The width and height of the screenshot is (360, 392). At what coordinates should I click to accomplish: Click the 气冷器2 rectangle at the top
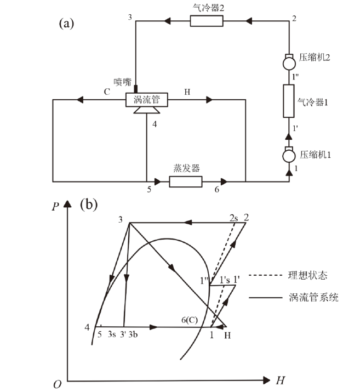(x=207, y=21)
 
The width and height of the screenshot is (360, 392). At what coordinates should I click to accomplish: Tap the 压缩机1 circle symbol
(x=289, y=156)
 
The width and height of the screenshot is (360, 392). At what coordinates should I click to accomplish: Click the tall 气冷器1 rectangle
(x=289, y=101)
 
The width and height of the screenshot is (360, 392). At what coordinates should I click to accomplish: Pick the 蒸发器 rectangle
(x=186, y=181)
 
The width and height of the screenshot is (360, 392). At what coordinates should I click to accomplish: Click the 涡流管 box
(x=146, y=99)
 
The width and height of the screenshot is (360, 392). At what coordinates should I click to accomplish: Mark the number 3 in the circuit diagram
(x=130, y=18)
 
